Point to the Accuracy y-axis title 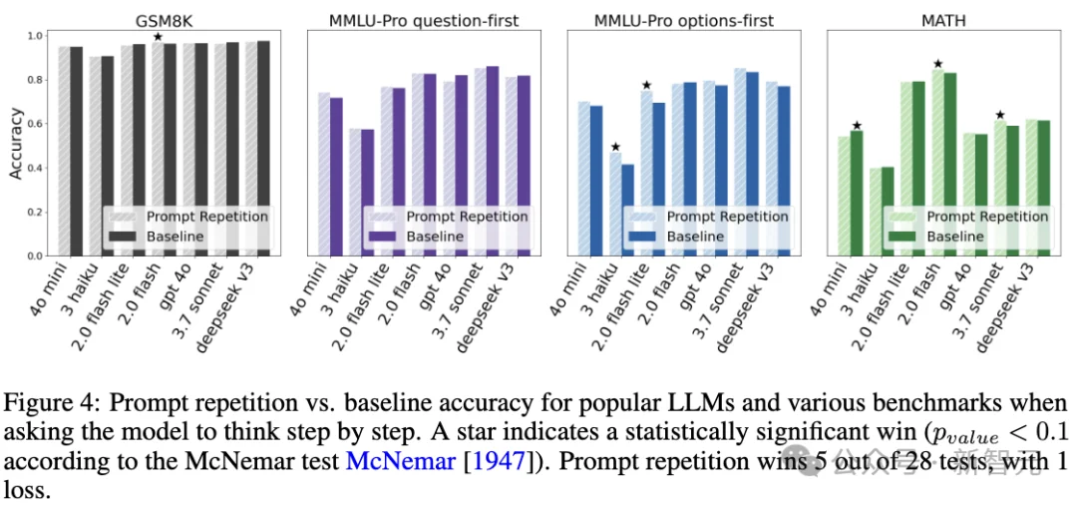click(x=15, y=144)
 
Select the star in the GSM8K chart click(x=158, y=37)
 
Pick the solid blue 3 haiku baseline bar click(x=628, y=210)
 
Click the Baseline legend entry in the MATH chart click(x=955, y=237)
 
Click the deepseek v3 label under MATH click(x=1011, y=301)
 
